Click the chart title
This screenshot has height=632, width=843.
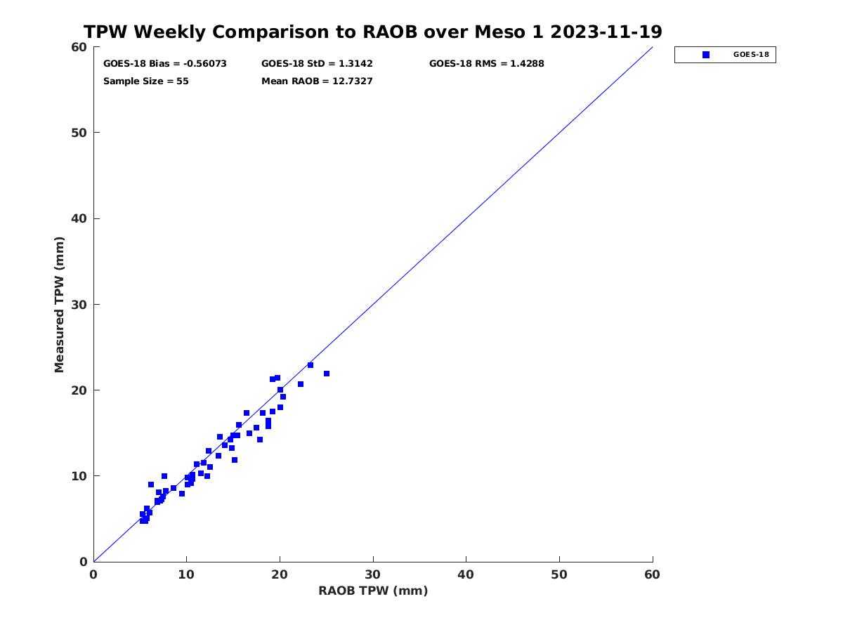click(372, 32)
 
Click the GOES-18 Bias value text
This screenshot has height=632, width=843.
click(165, 64)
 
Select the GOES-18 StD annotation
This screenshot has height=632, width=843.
click(317, 64)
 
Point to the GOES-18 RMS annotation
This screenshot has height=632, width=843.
click(486, 64)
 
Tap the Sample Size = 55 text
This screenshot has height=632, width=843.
click(146, 81)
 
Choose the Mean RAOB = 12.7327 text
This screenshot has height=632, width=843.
click(317, 81)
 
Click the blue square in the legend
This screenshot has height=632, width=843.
click(706, 55)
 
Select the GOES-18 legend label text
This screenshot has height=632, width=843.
click(751, 55)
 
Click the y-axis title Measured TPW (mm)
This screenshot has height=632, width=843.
click(59, 304)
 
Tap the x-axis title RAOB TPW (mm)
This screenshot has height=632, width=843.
click(373, 591)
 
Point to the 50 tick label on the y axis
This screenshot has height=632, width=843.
click(80, 133)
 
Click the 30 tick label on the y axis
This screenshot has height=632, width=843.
click(80, 305)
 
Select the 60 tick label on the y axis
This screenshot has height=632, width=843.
click(80, 47)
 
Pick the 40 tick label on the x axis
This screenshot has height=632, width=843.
click(466, 574)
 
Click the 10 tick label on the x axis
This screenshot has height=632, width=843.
click(186, 574)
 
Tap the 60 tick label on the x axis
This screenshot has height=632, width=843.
click(652, 574)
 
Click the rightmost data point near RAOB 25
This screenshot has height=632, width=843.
click(327, 374)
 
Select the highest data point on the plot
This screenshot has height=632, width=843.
click(311, 365)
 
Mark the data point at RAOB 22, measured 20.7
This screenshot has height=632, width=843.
click(301, 384)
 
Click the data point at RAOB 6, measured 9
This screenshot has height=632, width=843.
click(151, 485)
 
